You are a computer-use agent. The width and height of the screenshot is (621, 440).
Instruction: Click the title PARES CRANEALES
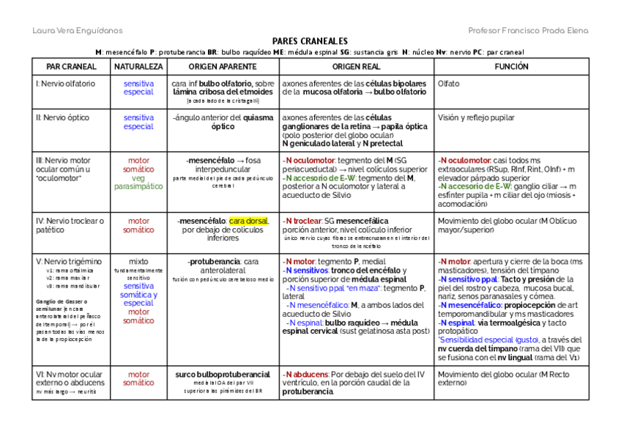[310, 42]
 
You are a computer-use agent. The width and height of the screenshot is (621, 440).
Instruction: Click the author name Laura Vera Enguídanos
[78, 30]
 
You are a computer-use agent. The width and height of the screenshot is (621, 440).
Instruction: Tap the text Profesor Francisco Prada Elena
[527, 30]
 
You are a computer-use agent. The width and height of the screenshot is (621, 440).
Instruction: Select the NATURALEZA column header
[138, 66]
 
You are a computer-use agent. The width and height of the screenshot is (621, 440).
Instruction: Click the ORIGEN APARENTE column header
[223, 66]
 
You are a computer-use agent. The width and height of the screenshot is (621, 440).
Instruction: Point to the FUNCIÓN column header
[511, 66]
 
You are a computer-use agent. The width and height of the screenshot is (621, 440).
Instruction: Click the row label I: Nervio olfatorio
[65, 84]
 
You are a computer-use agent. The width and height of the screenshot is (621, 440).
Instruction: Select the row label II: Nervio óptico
[61, 117]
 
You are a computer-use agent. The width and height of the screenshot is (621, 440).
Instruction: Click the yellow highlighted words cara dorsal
[249, 221]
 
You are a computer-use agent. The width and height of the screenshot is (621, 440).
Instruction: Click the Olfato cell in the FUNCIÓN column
[448, 84]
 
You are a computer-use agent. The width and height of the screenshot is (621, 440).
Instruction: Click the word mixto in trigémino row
[138, 261]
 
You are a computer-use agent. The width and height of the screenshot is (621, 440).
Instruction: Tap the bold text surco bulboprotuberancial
[223, 374]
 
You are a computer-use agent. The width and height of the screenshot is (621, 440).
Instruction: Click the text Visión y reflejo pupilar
[476, 117]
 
